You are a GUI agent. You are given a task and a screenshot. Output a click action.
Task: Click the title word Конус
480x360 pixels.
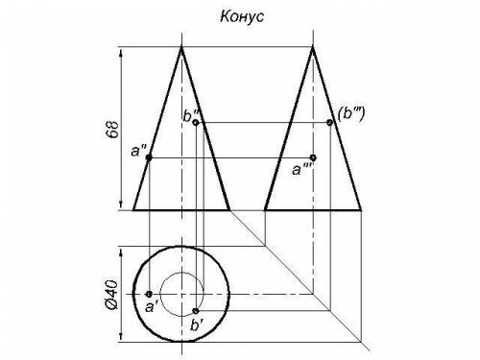pos(242,16)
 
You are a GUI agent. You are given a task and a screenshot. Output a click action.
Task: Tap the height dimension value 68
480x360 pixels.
pos(112,129)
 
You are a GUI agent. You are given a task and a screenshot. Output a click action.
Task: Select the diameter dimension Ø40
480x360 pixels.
pos(111,295)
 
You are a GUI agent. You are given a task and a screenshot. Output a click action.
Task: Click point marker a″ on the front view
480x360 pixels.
pos(149,157)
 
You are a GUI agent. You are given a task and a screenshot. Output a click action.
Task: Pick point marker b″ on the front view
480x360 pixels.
pos(196,122)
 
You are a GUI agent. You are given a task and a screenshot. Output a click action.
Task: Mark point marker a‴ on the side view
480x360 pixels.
pos(313,157)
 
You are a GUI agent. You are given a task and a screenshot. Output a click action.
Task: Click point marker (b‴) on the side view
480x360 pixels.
pos(329,122)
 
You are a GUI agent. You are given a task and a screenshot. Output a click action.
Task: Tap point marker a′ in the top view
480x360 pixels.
pos(149,294)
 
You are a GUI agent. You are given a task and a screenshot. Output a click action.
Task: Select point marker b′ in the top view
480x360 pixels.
pos(196,311)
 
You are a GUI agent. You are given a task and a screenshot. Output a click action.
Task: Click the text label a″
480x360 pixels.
pos(138,151)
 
